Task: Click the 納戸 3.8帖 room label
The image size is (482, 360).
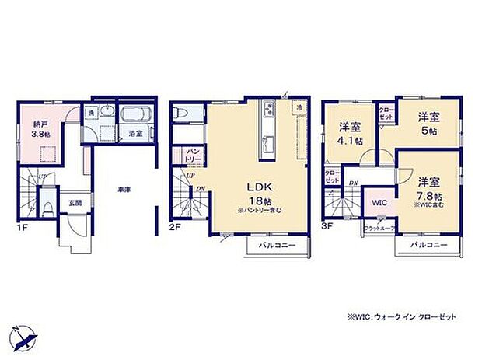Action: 40,128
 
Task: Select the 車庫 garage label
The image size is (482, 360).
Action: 123,189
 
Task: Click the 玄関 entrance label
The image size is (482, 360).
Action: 75,203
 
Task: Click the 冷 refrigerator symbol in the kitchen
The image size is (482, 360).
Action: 298,106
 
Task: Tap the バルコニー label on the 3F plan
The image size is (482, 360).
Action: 427,245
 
